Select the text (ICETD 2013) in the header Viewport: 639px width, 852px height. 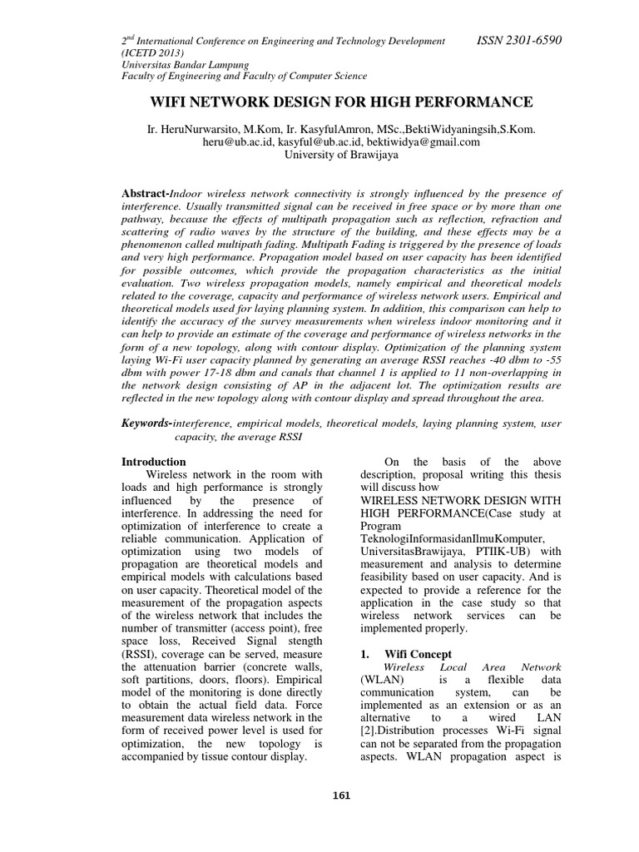[151, 52]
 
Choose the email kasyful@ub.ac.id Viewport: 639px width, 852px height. [318, 142]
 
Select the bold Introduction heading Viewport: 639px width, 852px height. [154, 461]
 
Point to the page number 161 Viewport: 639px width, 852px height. [341, 795]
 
